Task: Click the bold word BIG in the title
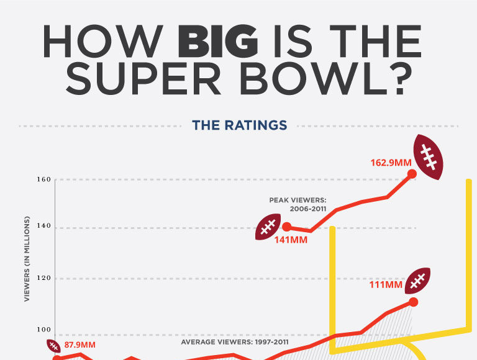coord(218,43)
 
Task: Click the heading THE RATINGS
coord(240,125)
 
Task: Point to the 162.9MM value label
coord(390,163)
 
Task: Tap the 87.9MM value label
coord(81,344)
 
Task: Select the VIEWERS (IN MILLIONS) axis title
coord(27,260)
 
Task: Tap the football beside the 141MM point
coord(268,228)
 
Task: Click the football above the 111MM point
coord(417,281)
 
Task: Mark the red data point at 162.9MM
coord(412,174)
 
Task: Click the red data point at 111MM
coord(414,302)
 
